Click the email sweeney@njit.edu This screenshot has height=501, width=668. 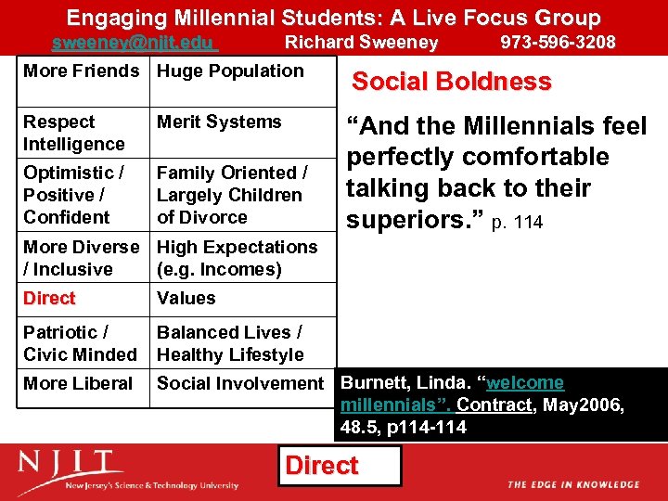click(133, 43)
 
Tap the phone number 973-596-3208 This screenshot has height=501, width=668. click(558, 43)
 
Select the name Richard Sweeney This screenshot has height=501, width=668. click(361, 43)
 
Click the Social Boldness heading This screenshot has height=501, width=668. click(451, 82)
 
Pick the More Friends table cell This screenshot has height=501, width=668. click(81, 71)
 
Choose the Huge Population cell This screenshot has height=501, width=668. click(230, 71)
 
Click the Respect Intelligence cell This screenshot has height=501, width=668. click(74, 133)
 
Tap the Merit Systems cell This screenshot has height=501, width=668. click(219, 122)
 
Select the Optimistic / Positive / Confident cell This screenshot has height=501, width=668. click(74, 195)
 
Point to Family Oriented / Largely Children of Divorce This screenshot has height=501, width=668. click(232, 195)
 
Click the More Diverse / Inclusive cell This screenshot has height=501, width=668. click(81, 258)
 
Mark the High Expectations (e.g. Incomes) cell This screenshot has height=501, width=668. click(237, 258)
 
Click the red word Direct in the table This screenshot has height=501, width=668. click(49, 299)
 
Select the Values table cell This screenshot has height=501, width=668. click(186, 299)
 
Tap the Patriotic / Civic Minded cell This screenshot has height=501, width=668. click(80, 343)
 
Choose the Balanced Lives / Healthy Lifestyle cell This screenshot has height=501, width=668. click(230, 343)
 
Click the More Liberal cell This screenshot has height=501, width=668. click(78, 383)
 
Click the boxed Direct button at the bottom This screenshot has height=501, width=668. click(322, 466)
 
